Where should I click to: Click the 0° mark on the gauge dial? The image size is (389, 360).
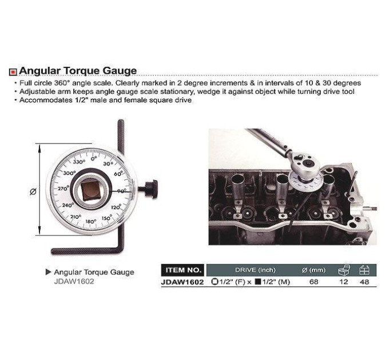[93, 158]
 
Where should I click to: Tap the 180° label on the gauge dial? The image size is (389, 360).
[91, 221]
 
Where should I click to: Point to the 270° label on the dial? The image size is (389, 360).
[63, 189]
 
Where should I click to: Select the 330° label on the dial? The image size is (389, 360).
[79, 162]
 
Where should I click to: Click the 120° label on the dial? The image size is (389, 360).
[116, 207]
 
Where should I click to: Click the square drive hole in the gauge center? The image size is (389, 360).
[90, 191]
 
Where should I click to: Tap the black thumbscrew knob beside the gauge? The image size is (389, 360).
[152, 189]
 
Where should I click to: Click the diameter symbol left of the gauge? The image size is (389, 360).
[33, 191]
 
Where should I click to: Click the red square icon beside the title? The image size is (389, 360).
[13, 72]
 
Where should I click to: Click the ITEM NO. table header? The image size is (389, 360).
[183, 270]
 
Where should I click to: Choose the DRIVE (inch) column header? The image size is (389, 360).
[255, 270]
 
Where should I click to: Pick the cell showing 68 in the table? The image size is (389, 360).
[314, 282]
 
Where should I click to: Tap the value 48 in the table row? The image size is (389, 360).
[364, 282]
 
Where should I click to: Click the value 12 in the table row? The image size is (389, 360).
[343, 282]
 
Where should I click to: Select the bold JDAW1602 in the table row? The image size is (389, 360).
[182, 282]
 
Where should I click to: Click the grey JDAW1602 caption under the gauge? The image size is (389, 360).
[74, 282]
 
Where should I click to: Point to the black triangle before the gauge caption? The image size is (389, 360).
[49, 272]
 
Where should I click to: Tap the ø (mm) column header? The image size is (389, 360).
[313, 270]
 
